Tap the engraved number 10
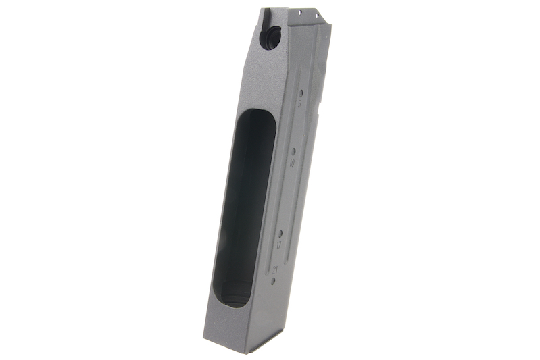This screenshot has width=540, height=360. [292, 163]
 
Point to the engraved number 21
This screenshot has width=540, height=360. [275, 269]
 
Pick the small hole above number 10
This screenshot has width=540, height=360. [294, 151]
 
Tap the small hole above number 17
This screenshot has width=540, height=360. [281, 232]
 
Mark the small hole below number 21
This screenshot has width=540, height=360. [273, 280]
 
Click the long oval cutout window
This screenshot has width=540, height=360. [242, 203]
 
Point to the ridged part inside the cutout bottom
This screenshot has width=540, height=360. [233, 294]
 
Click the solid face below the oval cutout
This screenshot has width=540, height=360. [226, 324]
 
